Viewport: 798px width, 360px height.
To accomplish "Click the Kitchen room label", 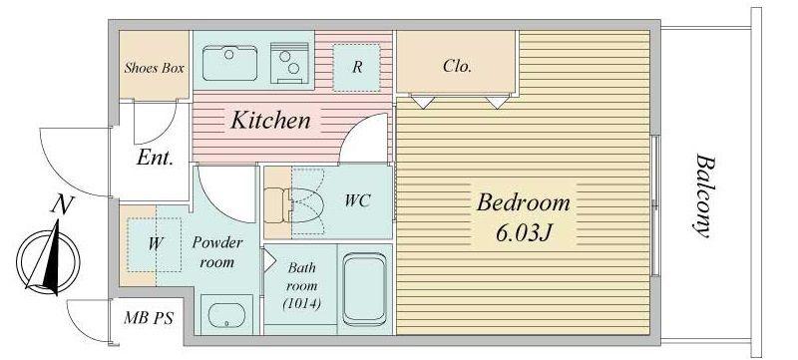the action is click(x=270, y=121).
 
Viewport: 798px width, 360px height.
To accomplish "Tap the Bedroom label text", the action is click(x=523, y=202).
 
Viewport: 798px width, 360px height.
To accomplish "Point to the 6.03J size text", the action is click(x=524, y=233).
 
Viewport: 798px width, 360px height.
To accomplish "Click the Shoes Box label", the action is click(x=155, y=68).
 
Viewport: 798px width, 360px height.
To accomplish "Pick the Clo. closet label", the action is click(x=457, y=66).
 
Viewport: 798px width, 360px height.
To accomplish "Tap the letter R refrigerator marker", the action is click(x=357, y=67).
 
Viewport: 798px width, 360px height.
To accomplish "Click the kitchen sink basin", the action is click(x=229, y=63).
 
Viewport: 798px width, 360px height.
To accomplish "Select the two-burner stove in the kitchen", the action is click(x=289, y=63).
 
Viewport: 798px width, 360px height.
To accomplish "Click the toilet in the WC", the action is click(x=294, y=204).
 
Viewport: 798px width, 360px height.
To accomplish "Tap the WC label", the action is click(x=357, y=200).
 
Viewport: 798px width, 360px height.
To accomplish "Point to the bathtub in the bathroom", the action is click(x=364, y=289).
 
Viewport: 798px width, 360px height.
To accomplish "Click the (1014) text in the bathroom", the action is click(x=301, y=304).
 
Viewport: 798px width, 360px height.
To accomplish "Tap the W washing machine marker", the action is click(x=156, y=244).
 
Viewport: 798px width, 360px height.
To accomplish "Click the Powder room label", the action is click(x=217, y=252).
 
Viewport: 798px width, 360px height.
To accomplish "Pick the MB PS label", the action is click(x=149, y=319).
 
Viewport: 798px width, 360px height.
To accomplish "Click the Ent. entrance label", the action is click(x=156, y=159).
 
